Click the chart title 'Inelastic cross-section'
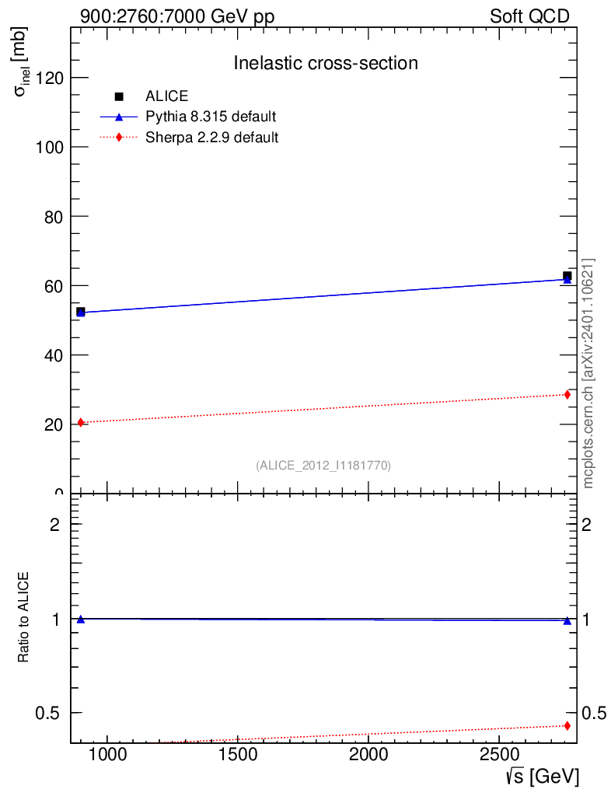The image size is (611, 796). tap(326, 64)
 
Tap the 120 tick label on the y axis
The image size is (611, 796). tap(49, 78)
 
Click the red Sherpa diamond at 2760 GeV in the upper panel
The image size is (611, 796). tap(567, 395)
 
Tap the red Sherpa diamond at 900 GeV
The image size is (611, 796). tap(80, 423)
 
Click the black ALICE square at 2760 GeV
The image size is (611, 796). tap(567, 276)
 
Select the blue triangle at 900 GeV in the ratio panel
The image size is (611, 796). tap(80, 620)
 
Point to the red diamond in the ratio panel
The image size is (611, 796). tap(567, 726)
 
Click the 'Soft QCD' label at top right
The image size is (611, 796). tap(529, 16)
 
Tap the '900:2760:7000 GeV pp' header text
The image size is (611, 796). tap(177, 16)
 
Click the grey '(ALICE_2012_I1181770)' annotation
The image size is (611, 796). tap(323, 466)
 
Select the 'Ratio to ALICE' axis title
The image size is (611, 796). tap(23, 619)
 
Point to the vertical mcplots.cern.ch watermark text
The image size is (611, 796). tap(588, 373)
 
